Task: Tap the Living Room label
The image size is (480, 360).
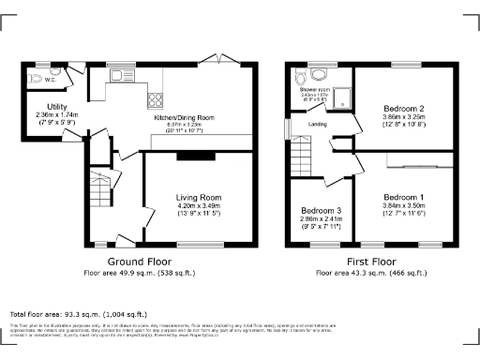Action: click(198, 198)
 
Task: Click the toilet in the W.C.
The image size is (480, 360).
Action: click(36, 78)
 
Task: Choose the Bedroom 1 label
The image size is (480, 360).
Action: click(404, 197)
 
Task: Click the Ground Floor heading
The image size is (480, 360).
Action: click(139, 262)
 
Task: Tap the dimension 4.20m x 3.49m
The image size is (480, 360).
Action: click(198, 206)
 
